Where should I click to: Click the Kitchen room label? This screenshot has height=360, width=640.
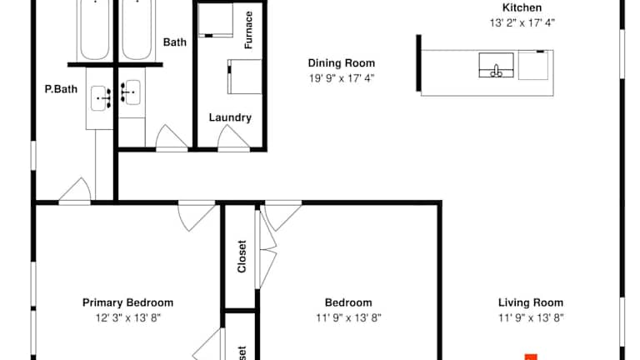click(x=522, y=7)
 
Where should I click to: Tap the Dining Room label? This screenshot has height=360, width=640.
click(x=341, y=63)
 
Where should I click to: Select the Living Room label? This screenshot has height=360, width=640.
click(x=531, y=302)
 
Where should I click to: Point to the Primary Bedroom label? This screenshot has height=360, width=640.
click(x=127, y=302)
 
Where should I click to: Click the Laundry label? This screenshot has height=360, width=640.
click(x=230, y=117)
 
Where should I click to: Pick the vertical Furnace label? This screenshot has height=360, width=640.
click(x=248, y=30)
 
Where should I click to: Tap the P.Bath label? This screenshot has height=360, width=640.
click(x=61, y=89)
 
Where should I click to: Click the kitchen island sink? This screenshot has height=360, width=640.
click(x=496, y=65)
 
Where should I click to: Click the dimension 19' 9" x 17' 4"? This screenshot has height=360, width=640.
click(x=341, y=78)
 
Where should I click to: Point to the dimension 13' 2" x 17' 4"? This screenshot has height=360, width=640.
click(x=522, y=22)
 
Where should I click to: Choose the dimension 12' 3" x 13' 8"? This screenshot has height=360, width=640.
click(x=128, y=318)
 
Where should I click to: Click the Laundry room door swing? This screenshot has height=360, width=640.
click(x=233, y=138)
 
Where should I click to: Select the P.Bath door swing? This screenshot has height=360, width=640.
click(x=75, y=190)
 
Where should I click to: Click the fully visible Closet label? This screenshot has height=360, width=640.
click(x=242, y=257)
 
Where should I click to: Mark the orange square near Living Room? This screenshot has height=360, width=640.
click(x=531, y=357)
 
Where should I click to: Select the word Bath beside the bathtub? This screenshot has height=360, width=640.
click(x=175, y=42)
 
